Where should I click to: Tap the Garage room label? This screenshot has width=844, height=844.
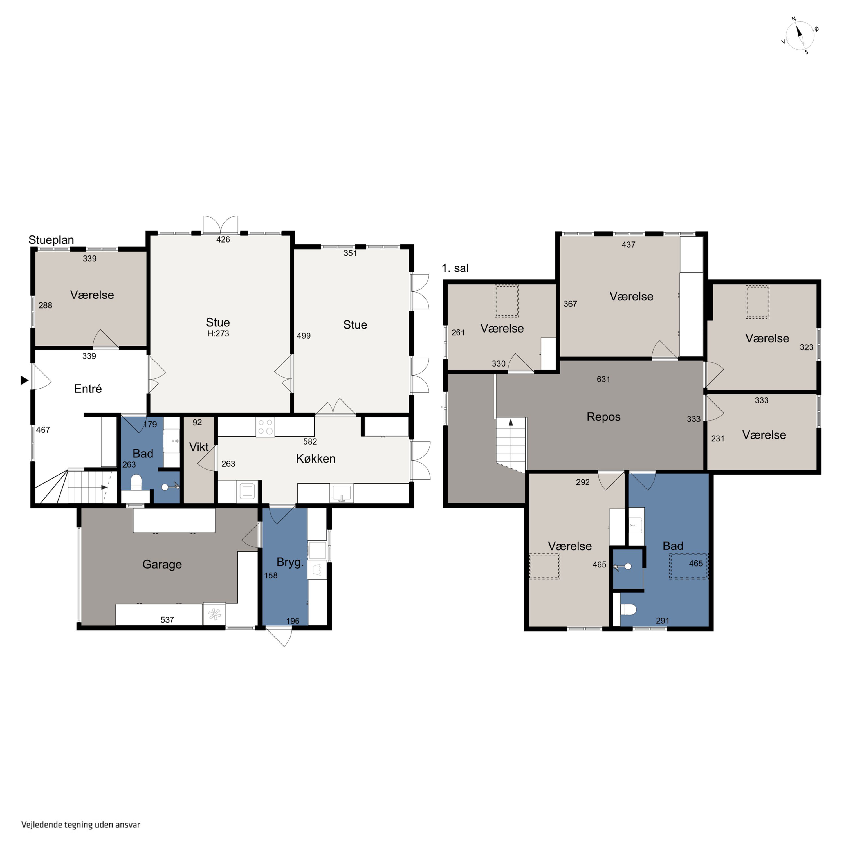(x=162, y=564)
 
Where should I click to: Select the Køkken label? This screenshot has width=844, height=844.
(x=315, y=458)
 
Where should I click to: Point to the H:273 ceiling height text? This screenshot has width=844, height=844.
(x=218, y=333)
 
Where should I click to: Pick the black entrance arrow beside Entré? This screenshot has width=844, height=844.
(x=24, y=380)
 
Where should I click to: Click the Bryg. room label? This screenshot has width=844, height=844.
(x=290, y=562)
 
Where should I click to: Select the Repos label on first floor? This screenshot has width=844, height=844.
(x=603, y=417)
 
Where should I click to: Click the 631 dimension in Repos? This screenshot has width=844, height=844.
(x=603, y=379)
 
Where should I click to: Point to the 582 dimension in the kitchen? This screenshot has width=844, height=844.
(x=310, y=442)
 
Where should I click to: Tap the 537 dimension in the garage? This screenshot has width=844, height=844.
(x=167, y=619)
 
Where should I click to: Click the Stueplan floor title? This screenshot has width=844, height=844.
(x=51, y=240)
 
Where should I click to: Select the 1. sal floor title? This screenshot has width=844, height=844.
(x=455, y=268)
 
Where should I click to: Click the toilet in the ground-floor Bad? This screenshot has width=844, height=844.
(x=136, y=482)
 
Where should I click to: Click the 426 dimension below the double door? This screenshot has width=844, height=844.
(x=223, y=239)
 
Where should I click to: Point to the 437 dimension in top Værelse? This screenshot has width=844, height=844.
(x=628, y=245)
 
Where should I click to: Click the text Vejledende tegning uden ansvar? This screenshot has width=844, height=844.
(x=81, y=825)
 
